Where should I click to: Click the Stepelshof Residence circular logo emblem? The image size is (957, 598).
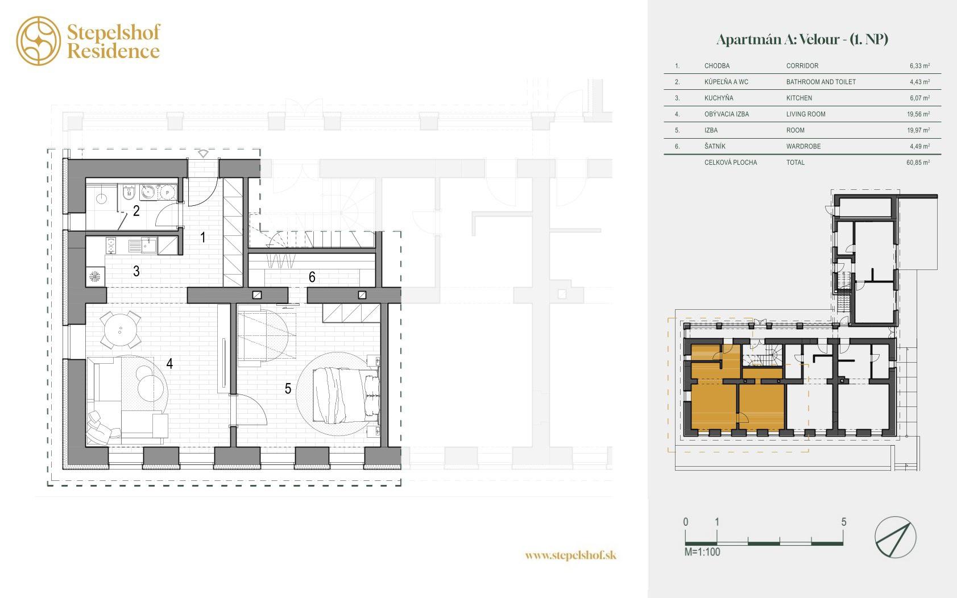tap(39, 41)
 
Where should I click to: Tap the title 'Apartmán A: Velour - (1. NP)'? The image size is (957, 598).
tap(802, 40)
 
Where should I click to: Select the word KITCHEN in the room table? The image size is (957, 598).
tap(799, 98)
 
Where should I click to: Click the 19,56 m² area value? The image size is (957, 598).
tap(918, 114)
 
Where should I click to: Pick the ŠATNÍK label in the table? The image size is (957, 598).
tap(715, 146)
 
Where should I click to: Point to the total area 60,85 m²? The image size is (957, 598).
tap(918, 163)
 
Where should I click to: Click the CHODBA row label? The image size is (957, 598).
tap(717, 66)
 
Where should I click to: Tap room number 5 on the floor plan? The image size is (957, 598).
tap(288, 388)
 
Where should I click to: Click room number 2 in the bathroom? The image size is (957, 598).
tap(136, 210)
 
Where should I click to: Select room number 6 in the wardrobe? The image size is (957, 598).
tap(312, 277)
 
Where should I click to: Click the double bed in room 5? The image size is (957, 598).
tap(346, 396)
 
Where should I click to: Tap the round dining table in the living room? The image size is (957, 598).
tap(120, 330)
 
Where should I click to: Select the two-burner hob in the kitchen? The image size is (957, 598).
tap(111, 245)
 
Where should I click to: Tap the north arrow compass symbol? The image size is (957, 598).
tap(895, 537)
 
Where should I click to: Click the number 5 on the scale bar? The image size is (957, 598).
tap(843, 521)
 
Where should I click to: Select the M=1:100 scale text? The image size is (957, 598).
tap(702, 552)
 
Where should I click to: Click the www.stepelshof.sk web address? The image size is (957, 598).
tap(571, 555)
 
